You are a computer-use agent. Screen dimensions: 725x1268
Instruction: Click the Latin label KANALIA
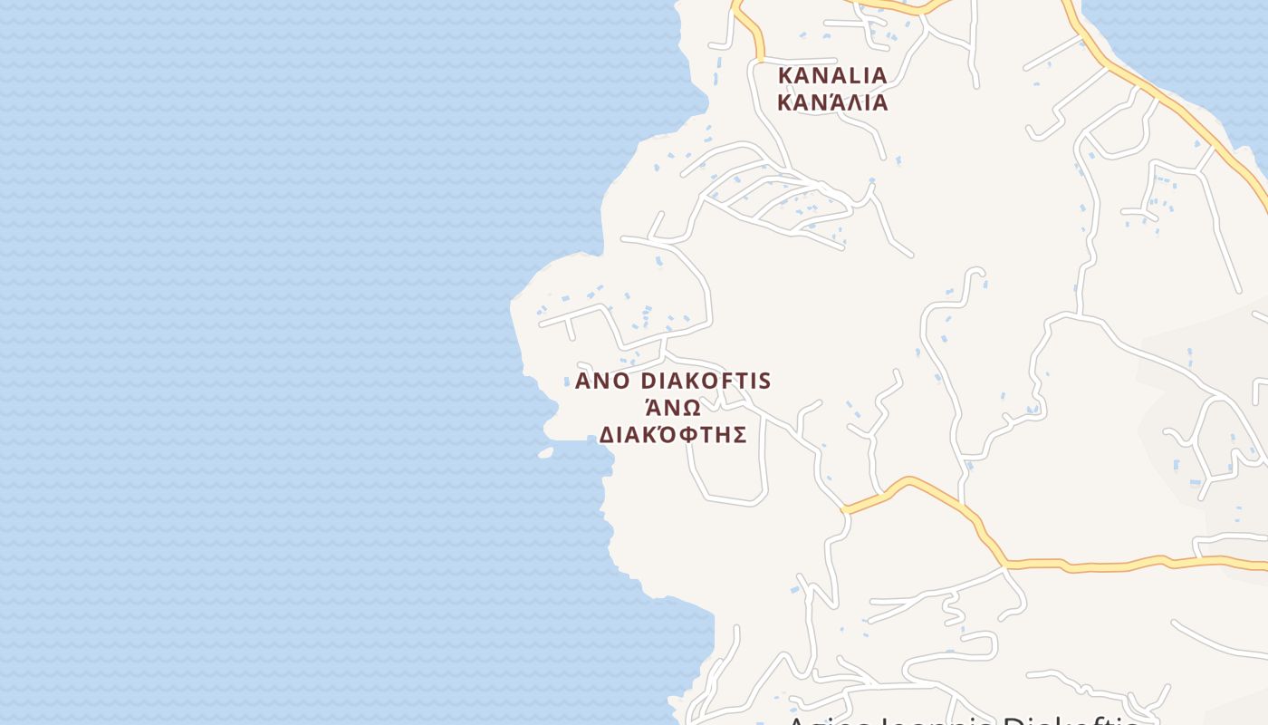[832, 74]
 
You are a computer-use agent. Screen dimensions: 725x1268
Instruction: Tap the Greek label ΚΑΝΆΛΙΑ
[832, 101]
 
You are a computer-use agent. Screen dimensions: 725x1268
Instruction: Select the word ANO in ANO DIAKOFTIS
[602, 381]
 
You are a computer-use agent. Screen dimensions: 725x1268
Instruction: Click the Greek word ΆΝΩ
[673, 408]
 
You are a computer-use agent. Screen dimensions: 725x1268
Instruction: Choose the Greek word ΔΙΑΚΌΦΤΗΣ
[673, 435]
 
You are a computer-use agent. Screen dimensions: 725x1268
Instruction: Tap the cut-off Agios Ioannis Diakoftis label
[960, 720]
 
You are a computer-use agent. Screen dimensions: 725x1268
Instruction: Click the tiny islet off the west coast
[545, 452]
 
